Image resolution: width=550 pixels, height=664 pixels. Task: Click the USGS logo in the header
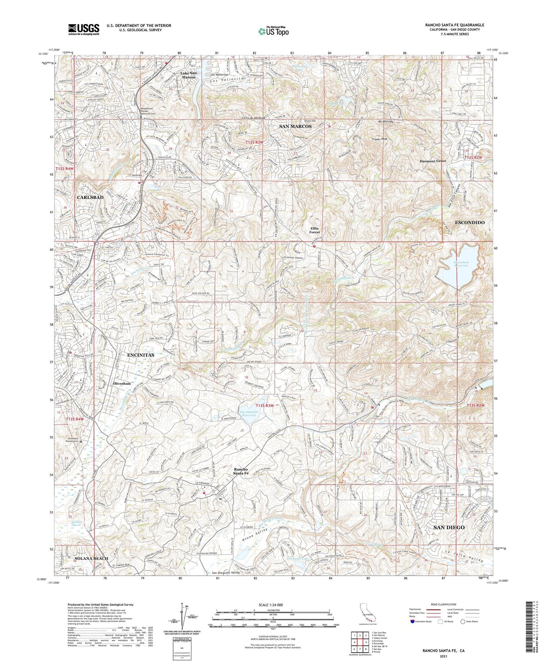(84, 29)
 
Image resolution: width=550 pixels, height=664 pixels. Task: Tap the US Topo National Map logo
(273, 31)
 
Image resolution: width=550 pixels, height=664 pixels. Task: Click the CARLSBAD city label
(90, 197)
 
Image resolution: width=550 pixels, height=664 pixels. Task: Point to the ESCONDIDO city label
(470, 222)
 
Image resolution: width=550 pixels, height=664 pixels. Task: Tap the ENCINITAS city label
(141, 355)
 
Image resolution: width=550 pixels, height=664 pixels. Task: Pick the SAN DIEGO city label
(449, 527)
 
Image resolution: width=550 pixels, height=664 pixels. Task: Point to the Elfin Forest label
(314, 230)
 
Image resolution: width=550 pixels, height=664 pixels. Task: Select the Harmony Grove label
(433, 161)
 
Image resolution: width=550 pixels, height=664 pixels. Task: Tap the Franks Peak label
(379, 139)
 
